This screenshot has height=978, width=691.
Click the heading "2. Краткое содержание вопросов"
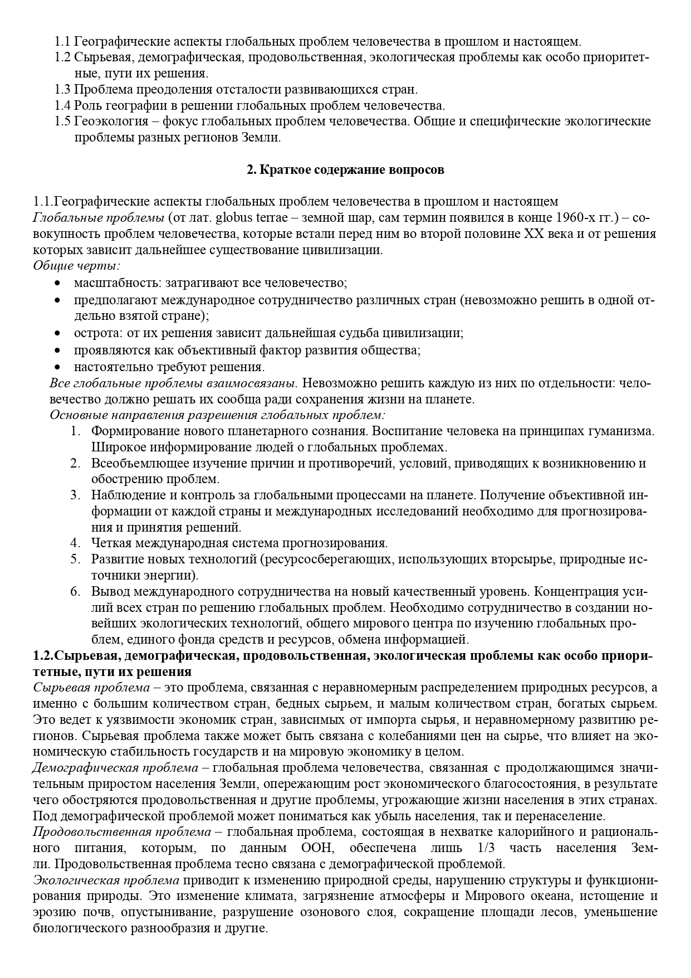coord(345,170)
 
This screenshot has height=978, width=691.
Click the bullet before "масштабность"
coord(57,284)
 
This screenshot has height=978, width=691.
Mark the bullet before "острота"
coord(57,334)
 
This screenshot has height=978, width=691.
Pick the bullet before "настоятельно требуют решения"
coord(57,367)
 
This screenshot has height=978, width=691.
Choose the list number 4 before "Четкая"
coord(75,543)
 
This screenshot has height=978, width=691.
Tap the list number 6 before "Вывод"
coord(75,592)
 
